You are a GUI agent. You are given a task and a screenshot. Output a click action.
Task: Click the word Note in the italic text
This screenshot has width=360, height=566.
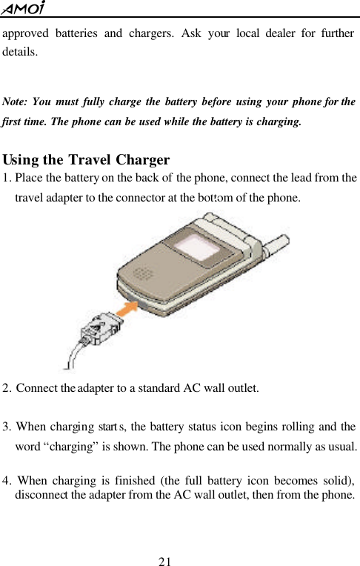(16, 101)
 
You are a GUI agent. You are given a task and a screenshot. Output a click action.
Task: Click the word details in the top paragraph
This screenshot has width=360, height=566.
(21, 53)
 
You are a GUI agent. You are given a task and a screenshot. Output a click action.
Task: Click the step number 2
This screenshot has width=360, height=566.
(7, 387)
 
